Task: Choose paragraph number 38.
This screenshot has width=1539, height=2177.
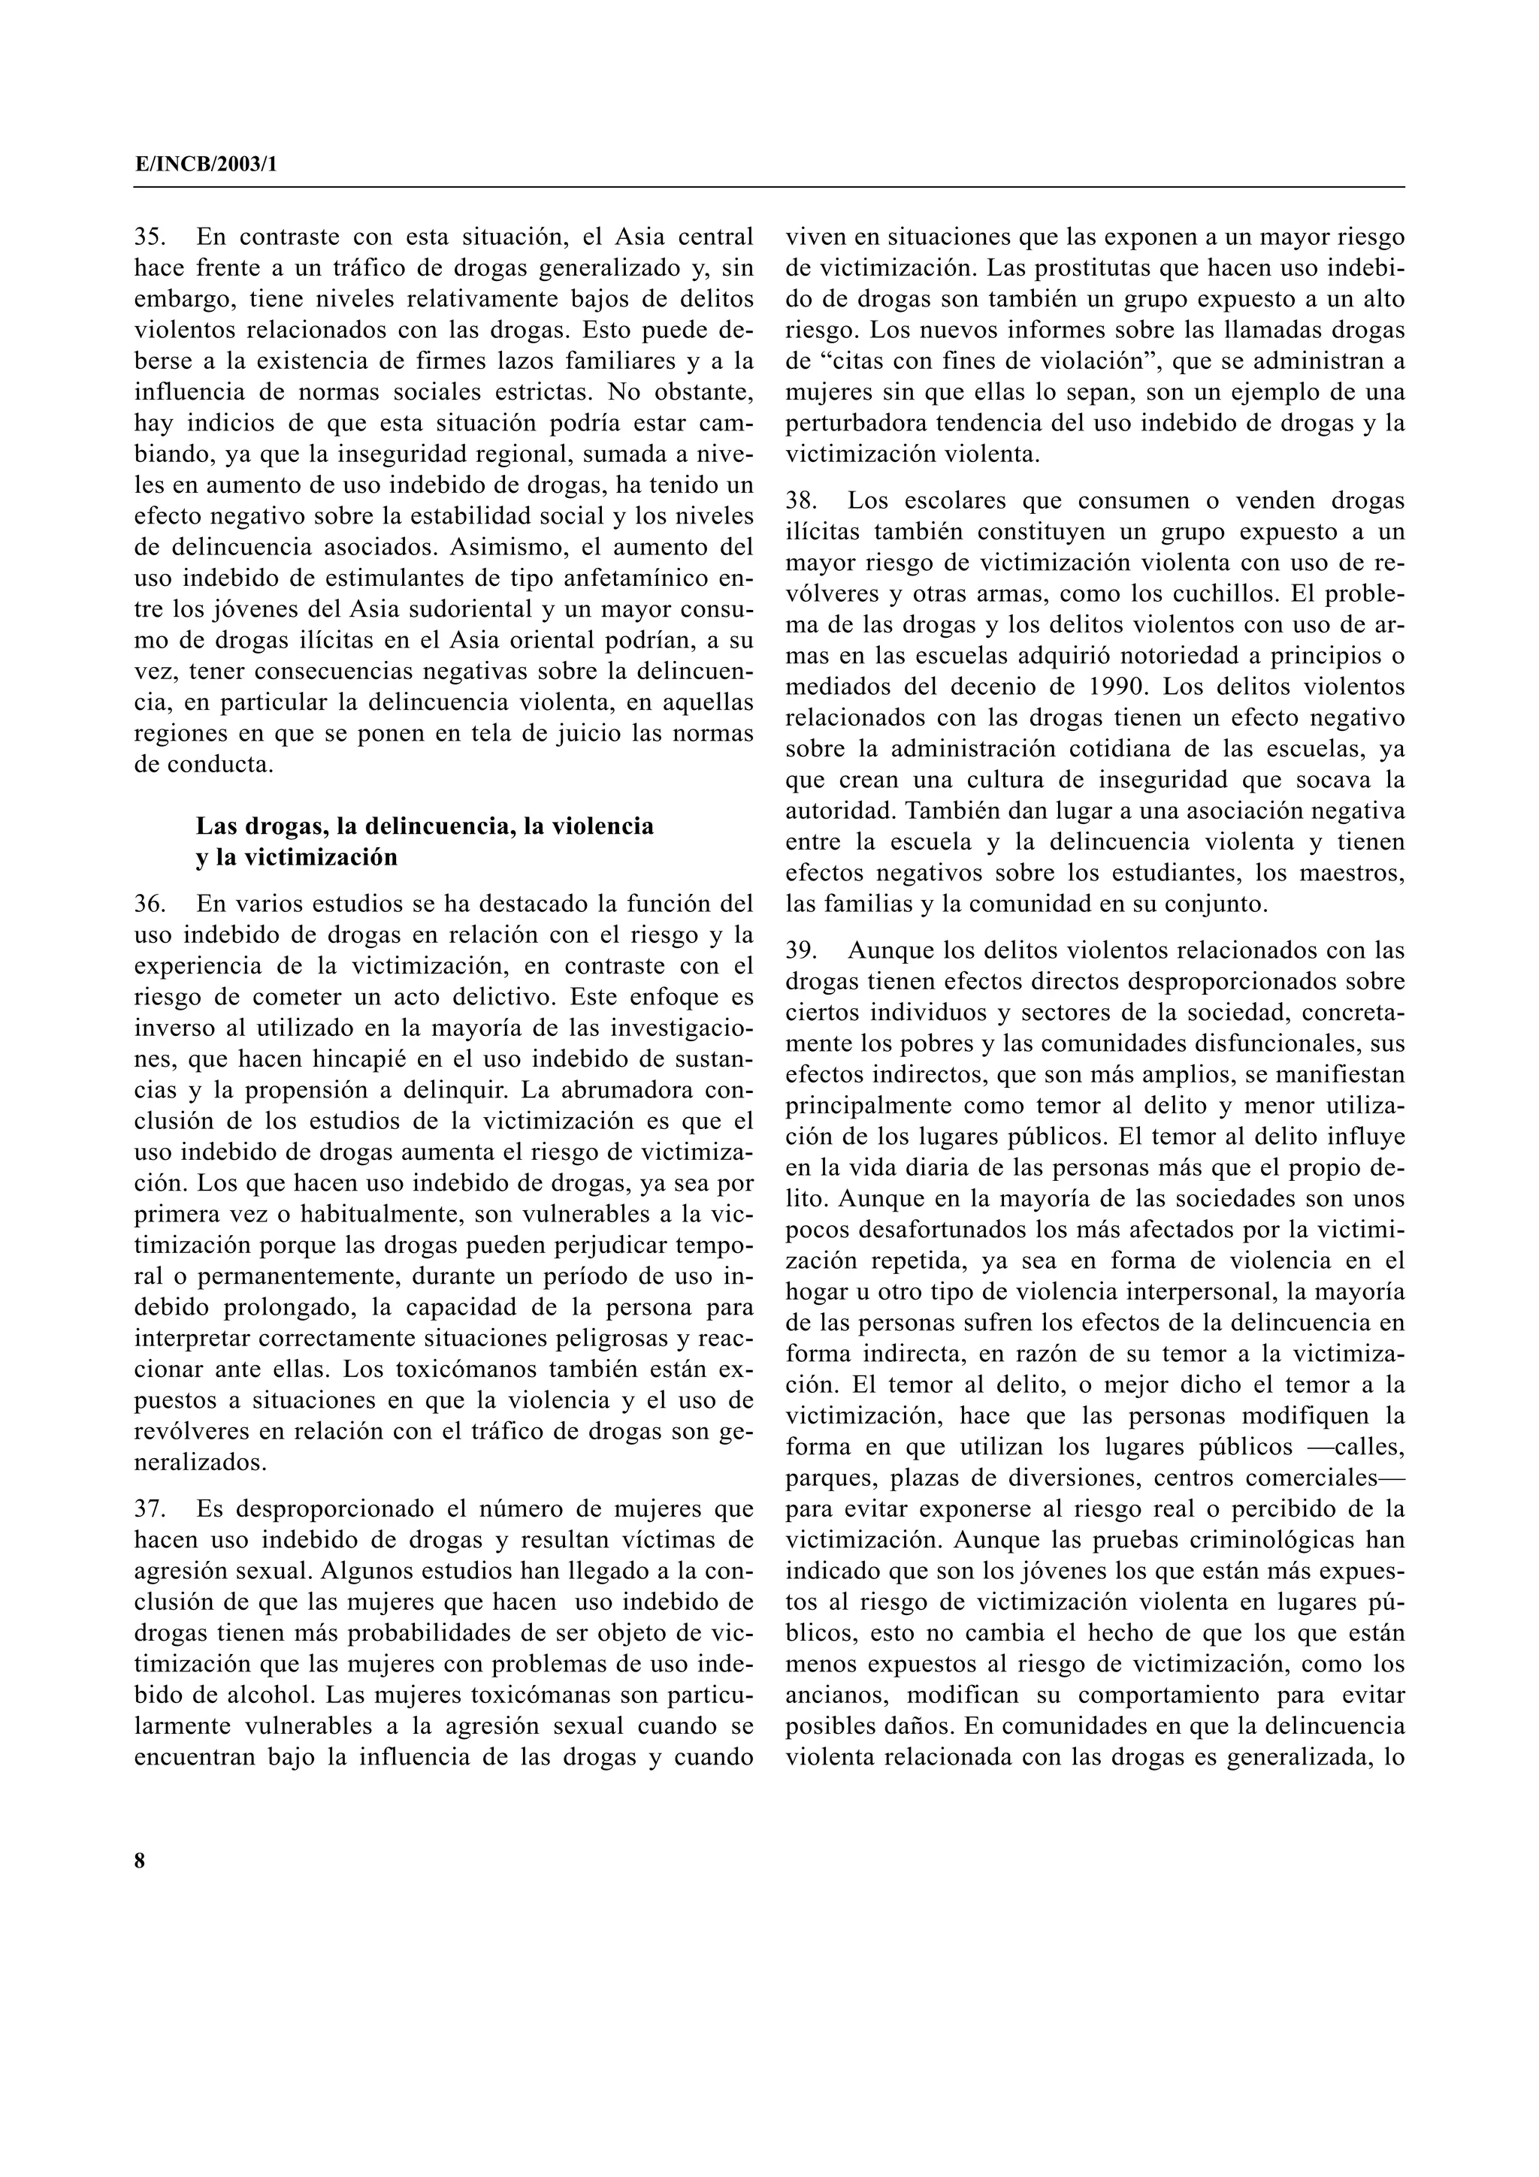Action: [803, 500]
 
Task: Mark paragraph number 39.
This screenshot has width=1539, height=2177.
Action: [803, 950]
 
